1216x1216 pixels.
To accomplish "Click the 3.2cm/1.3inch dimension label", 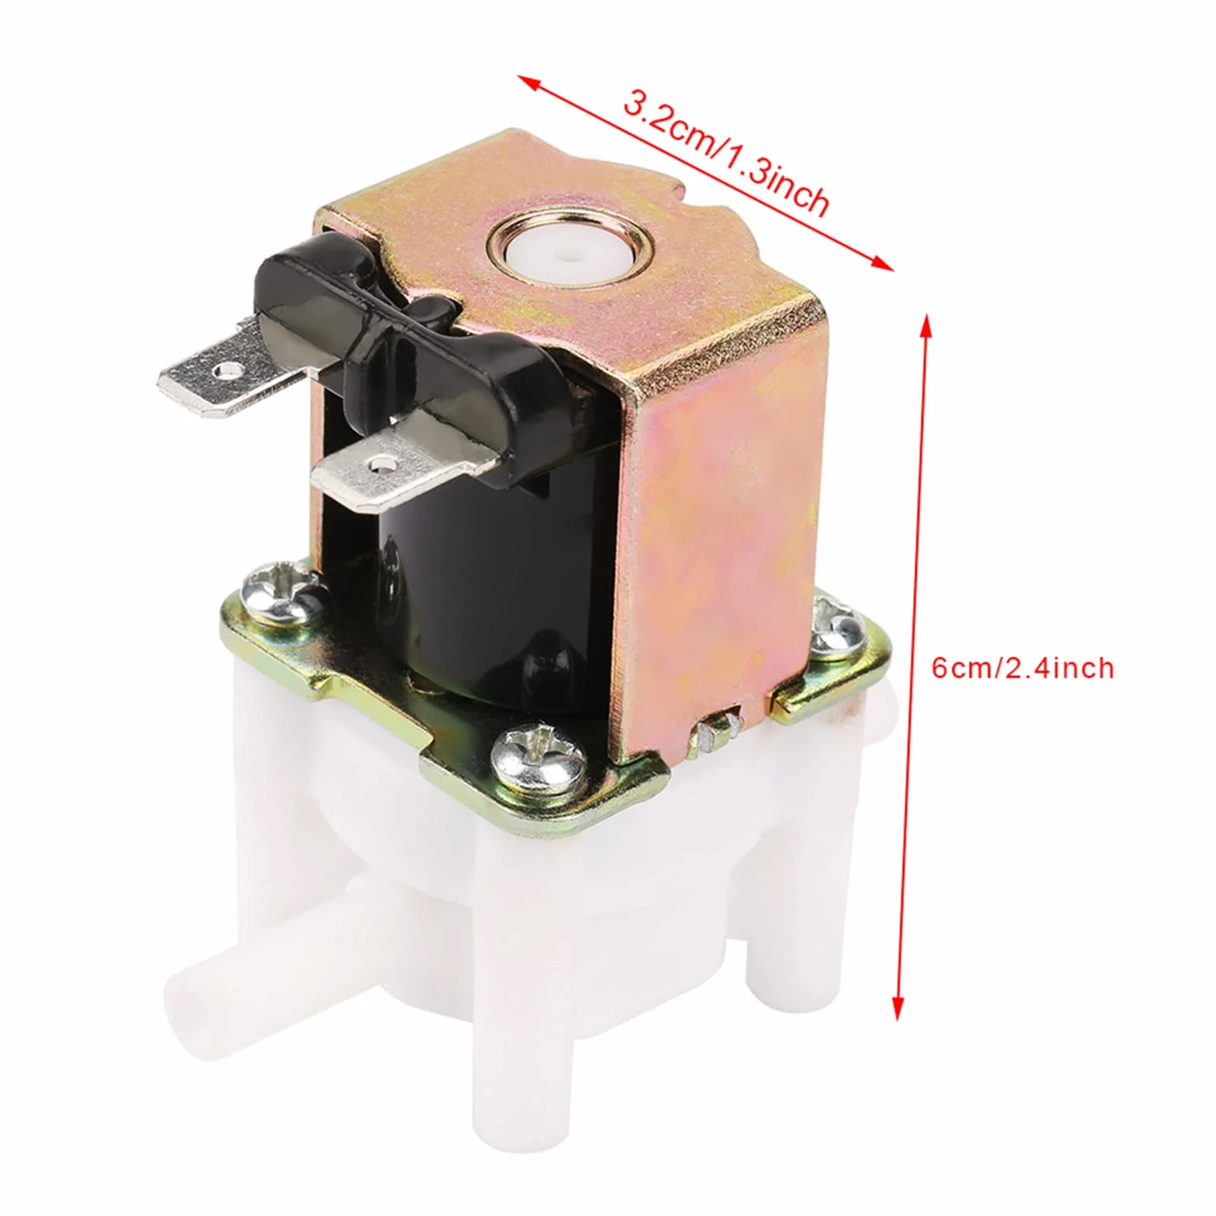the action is pyautogui.click(x=726, y=155).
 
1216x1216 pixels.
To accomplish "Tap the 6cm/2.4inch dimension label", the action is pyautogui.click(x=1022, y=667).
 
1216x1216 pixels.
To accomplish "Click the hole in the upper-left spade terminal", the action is pyautogui.click(x=226, y=371).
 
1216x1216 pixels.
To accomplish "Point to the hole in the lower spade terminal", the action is pyautogui.click(x=378, y=466).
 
